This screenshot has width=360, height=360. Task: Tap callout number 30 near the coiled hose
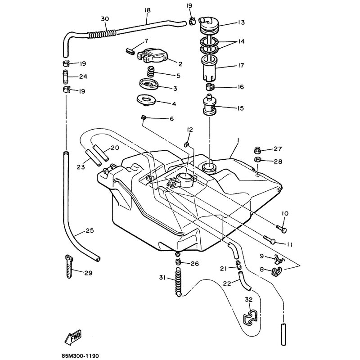[x=104, y=19]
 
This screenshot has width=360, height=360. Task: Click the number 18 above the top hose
[x=147, y=10]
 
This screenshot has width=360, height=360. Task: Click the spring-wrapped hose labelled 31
[x=180, y=283]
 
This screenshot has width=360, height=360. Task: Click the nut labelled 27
[x=259, y=150]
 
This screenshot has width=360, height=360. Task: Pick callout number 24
[x=83, y=76]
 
